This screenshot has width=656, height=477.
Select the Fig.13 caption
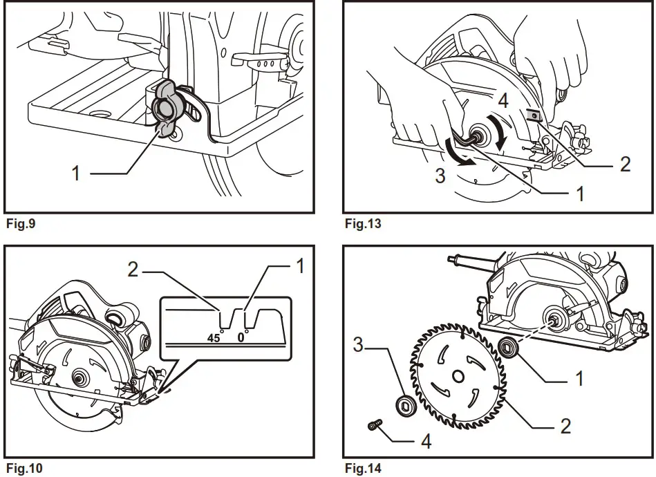(362, 223)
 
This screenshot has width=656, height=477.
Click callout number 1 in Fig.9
(76, 172)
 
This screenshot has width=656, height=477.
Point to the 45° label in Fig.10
(214, 339)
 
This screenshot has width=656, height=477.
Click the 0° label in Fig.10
(242, 339)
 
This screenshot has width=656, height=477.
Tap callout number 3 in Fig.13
(440, 175)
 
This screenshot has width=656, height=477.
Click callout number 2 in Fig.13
(625, 164)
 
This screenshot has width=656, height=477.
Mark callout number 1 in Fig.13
(580, 194)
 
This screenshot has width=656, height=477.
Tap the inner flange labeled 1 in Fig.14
(510, 346)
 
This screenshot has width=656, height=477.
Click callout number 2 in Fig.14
(565, 425)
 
